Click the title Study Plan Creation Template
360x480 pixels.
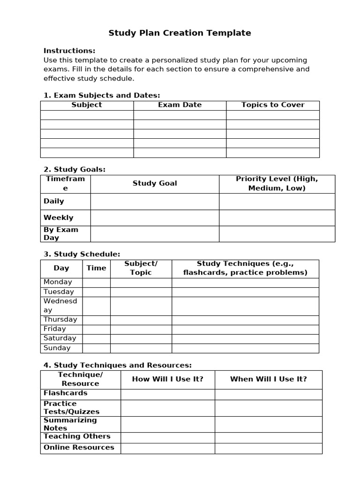pyautogui.click(x=180, y=33)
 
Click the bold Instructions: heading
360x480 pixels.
pyautogui.click(x=69, y=51)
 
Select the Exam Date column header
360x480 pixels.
pyautogui.click(x=180, y=105)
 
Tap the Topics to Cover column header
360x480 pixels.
pyautogui.click(x=273, y=105)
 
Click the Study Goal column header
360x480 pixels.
pyautogui.click(x=155, y=183)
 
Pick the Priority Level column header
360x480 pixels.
pyautogui.click(x=277, y=183)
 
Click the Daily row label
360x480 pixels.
pyautogui.click(x=54, y=201)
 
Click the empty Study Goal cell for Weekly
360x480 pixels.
pyautogui.click(x=155, y=217)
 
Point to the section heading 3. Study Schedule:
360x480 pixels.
pyautogui.click(x=82, y=254)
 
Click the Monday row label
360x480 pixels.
pyautogui.click(x=58, y=282)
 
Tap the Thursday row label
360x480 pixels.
pyautogui.click(x=60, y=320)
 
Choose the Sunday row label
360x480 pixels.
pyautogui.click(x=57, y=348)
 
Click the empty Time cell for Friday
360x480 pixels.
pyautogui.click(x=96, y=329)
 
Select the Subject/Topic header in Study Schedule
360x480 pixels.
pyautogui.click(x=141, y=268)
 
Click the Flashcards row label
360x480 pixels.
pyautogui.click(x=66, y=393)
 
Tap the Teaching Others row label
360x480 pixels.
pyautogui.click(x=77, y=436)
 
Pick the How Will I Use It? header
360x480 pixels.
pyautogui.click(x=168, y=379)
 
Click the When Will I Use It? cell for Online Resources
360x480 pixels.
pyautogui.click(x=268, y=448)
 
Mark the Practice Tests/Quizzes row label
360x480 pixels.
pyautogui.click(x=72, y=408)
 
